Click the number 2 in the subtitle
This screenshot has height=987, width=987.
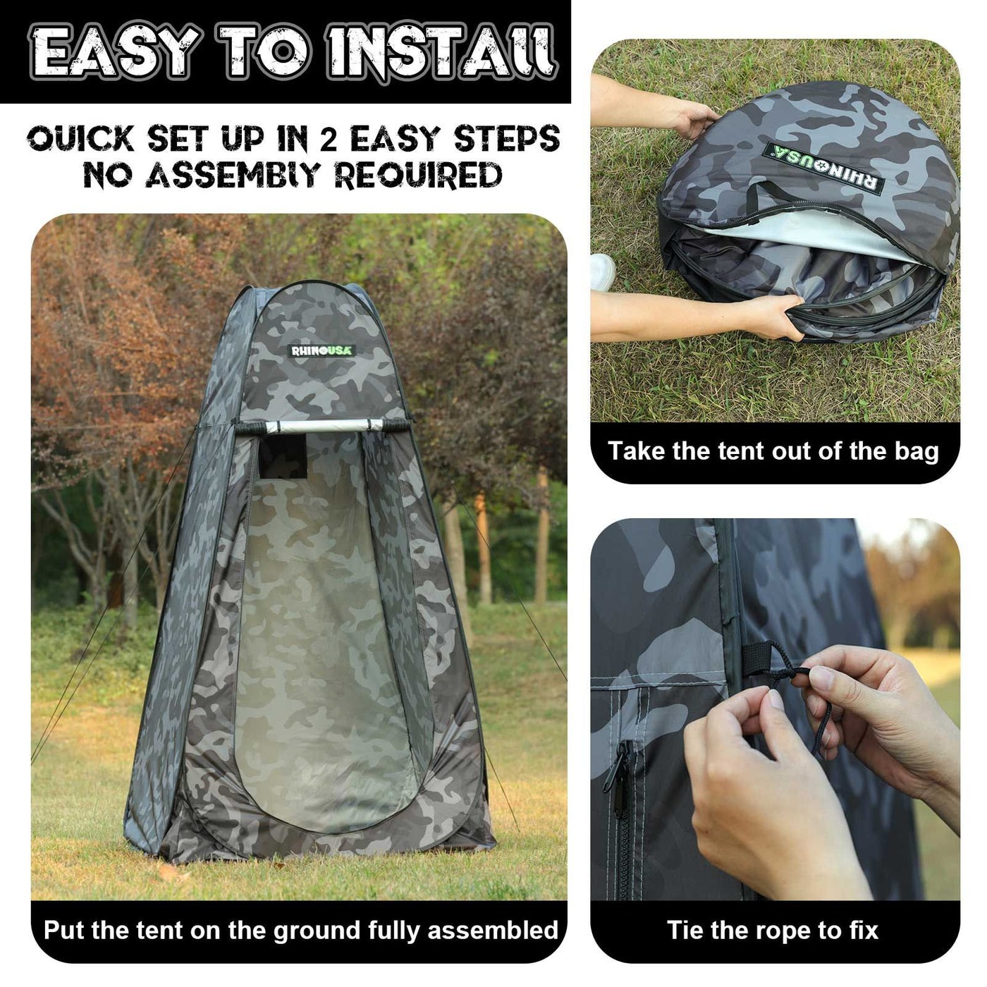pyautogui.click(x=329, y=138)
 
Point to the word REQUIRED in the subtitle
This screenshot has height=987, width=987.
pyautogui.click(x=419, y=175)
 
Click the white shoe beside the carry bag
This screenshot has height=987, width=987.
pyautogui.click(x=603, y=272)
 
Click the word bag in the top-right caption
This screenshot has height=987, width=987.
pyautogui.click(x=917, y=451)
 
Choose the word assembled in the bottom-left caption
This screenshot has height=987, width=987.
pyautogui.click(x=493, y=930)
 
